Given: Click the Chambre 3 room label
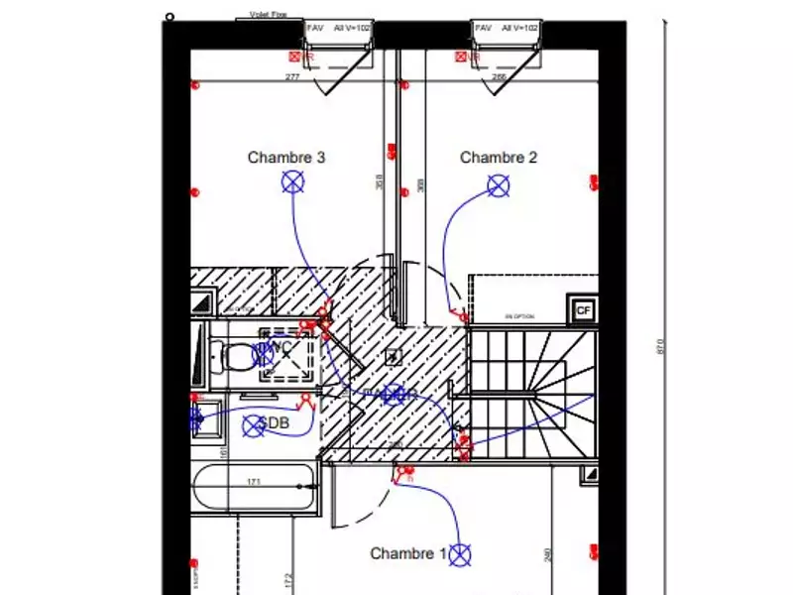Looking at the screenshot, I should (x=286, y=157).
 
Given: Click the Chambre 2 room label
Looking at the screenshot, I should (x=499, y=157).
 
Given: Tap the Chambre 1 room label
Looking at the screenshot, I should (x=407, y=553).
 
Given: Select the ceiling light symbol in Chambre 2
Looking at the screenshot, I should (x=498, y=184).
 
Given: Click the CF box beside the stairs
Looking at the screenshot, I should (x=583, y=309).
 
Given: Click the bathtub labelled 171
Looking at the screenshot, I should (x=255, y=492).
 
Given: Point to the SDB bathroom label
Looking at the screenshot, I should (x=275, y=424).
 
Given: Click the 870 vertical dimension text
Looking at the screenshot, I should (x=660, y=346).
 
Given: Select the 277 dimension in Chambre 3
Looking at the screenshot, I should (x=292, y=76).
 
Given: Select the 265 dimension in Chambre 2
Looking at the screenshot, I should (x=499, y=76).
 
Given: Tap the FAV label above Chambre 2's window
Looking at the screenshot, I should (x=484, y=29).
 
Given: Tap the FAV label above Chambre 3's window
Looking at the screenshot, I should (x=315, y=29).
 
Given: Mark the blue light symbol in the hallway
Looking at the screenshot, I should (x=394, y=395).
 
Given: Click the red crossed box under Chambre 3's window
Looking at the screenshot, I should (x=294, y=58).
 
